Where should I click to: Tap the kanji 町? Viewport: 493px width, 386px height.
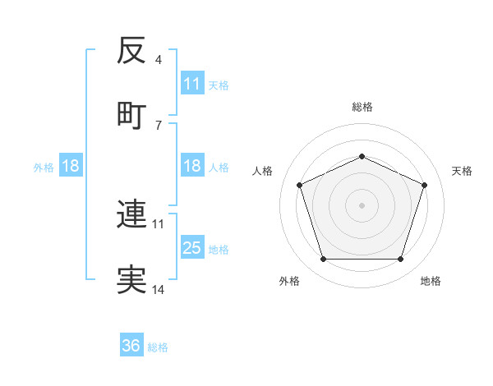point(131,114)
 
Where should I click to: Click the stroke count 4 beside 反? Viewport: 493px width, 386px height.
point(158,60)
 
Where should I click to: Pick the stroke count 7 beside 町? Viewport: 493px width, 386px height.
point(158,125)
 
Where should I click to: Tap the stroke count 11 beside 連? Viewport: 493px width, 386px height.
point(159,223)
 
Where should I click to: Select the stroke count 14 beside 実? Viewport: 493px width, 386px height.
point(159,289)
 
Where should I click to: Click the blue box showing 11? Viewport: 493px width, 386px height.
point(191,83)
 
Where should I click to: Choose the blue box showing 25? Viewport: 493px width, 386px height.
point(191,247)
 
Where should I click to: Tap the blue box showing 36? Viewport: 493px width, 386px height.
point(131,346)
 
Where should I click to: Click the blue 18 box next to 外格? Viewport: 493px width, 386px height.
point(71,166)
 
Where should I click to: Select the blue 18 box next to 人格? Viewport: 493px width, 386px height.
point(191,166)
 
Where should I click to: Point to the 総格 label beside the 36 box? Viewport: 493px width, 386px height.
point(158,347)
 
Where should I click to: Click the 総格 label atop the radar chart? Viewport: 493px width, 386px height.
point(362,107)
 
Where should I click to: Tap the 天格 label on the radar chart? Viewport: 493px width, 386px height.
point(462,171)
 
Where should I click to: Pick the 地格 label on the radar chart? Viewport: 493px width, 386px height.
point(431,281)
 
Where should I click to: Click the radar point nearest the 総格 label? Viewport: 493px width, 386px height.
point(362,156)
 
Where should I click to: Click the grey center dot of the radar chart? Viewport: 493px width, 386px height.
point(362,204)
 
